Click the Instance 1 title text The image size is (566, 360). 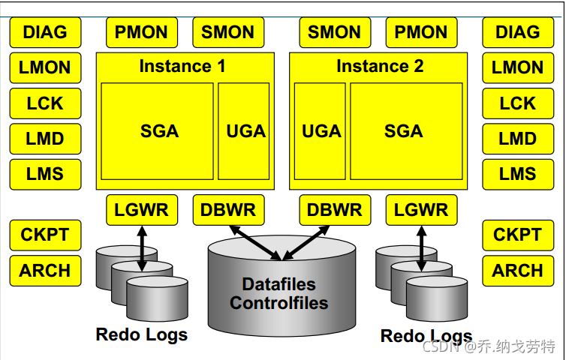pyautogui.click(x=182, y=66)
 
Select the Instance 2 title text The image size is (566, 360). pyautogui.click(x=380, y=66)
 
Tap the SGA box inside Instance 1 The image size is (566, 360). pyautogui.click(x=157, y=131)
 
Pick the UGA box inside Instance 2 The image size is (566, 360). pyautogui.click(x=320, y=131)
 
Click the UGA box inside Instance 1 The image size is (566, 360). pyautogui.click(x=244, y=131)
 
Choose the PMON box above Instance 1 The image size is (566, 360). pyautogui.click(x=142, y=32)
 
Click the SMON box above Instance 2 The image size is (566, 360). pyautogui.click(x=335, y=32)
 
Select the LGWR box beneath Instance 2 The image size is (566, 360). pyautogui.click(x=422, y=210)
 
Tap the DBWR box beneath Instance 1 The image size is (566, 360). pyautogui.click(x=228, y=210)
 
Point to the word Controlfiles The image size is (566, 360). pyautogui.click(x=279, y=303)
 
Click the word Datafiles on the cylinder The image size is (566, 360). pyautogui.click(x=279, y=284)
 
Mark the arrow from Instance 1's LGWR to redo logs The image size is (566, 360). pyautogui.click(x=142, y=248)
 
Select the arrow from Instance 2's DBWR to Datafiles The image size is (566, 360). pyautogui.click(x=306, y=243)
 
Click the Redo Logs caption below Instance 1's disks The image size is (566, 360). pyautogui.click(x=141, y=334)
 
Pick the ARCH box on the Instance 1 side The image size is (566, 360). pyautogui.click(x=46, y=271)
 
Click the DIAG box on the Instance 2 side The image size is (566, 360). pyautogui.click(x=518, y=32)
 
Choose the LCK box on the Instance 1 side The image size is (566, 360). pyautogui.click(x=46, y=103)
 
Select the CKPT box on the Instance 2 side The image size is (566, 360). pyautogui.click(x=518, y=235)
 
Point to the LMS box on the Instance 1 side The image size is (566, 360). pyautogui.click(x=46, y=174)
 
